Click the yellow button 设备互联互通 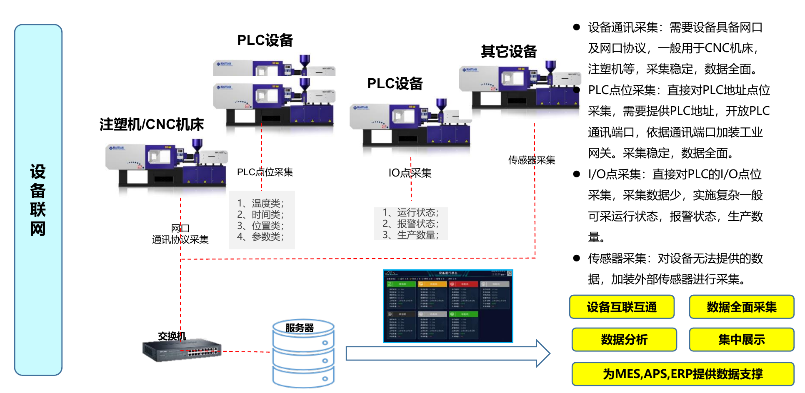[622, 307]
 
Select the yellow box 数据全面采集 [741, 307]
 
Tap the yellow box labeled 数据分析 [624, 340]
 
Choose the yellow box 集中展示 [741, 340]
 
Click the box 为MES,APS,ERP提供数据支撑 [682, 374]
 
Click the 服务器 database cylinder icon [303, 354]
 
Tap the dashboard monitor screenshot [448, 306]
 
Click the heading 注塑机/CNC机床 [152, 124]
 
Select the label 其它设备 [509, 52]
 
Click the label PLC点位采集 [265, 172]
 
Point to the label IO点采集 [410, 173]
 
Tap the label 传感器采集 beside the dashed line [532, 160]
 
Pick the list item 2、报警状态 [410, 224]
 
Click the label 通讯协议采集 [180, 239]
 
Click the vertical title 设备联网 [38, 200]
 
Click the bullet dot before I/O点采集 [577, 174]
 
